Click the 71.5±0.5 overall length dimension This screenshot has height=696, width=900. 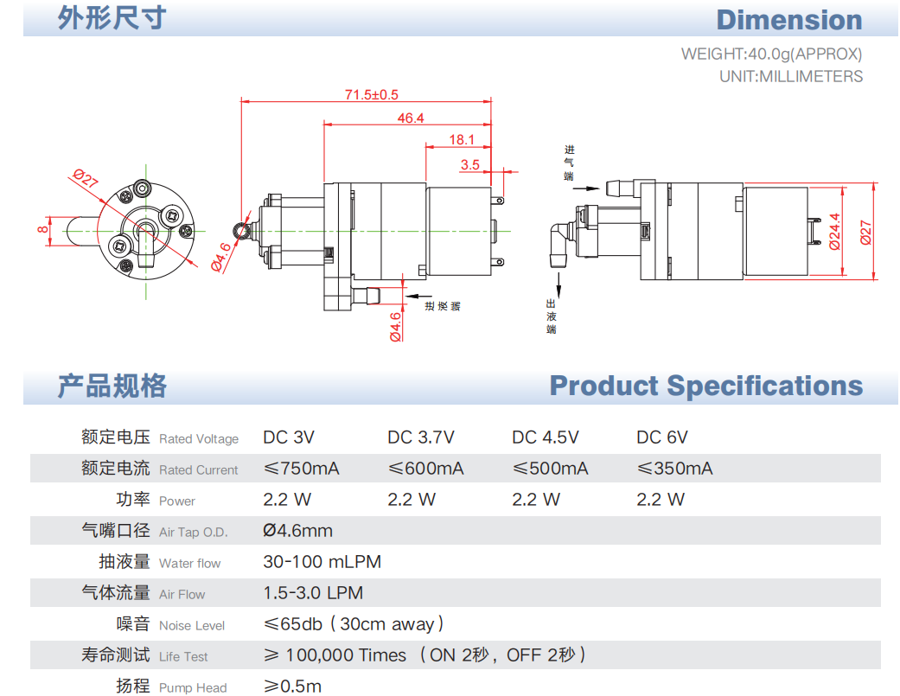tap(372, 94)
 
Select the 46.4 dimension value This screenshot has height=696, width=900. tap(411, 118)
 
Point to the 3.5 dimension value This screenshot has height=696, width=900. tap(470, 163)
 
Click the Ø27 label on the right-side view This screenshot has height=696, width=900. tap(865, 231)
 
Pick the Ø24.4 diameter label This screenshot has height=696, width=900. tap(834, 231)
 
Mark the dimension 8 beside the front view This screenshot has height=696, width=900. tap(41, 229)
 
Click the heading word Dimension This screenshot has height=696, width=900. tap(788, 20)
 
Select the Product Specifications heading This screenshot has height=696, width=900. tap(705, 386)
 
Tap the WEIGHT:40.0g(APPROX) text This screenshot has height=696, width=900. tap(771, 54)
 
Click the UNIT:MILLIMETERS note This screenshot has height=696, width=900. tap(790, 76)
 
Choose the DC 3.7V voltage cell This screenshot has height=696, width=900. tap(420, 437)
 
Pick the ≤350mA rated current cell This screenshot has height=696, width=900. tap(674, 469)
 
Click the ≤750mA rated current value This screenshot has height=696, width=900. tap(301, 469)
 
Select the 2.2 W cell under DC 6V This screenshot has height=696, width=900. tap(660, 500)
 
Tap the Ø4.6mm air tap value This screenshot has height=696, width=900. tap(297, 531)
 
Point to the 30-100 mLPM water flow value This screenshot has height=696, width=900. tap(322, 562)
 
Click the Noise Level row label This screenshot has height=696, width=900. tap(192, 625)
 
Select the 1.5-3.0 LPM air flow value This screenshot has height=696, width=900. tap(312, 593)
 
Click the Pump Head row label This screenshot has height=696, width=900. tap(193, 687)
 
